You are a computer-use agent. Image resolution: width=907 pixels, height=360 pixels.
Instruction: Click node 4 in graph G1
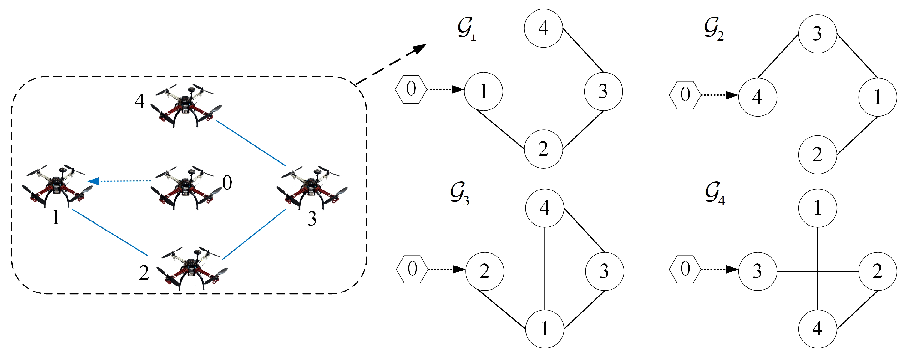click(x=543, y=28)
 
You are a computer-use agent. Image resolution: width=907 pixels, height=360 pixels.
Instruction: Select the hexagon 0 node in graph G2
click(x=685, y=95)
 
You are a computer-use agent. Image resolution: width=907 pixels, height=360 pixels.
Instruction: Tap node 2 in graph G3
click(x=484, y=271)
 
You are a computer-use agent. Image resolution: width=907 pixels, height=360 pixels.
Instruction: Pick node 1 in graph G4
click(x=817, y=208)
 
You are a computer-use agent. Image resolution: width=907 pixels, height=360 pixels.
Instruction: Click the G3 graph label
click(x=459, y=193)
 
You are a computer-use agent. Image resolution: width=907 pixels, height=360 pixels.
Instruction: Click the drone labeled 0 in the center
click(x=185, y=189)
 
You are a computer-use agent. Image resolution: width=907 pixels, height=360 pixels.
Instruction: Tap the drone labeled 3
click(x=312, y=187)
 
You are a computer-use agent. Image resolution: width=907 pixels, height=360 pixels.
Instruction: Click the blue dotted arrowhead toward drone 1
click(x=94, y=181)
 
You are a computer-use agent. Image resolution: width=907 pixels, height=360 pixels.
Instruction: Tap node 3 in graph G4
click(x=758, y=271)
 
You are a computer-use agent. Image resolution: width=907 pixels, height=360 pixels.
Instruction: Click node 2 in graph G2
click(x=817, y=155)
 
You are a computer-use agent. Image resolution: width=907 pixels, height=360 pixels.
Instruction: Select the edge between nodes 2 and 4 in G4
click(x=857, y=310)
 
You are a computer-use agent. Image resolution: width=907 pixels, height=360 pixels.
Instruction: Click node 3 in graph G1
click(x=603, y=91)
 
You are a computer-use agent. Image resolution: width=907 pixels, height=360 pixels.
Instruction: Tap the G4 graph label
click(x=715, y=194)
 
